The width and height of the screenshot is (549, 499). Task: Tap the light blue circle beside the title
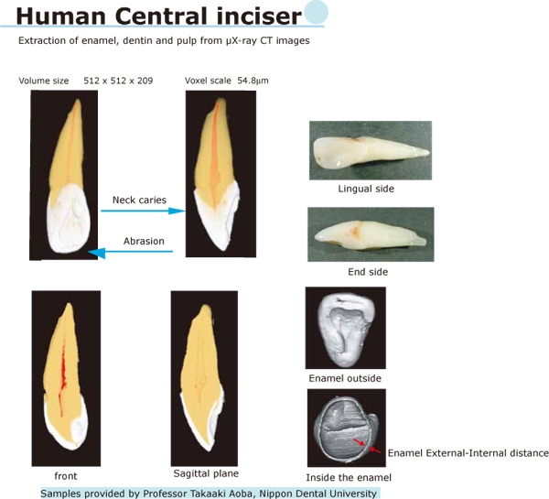click(316, 12)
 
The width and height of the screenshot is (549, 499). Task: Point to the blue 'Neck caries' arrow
click(143, 211)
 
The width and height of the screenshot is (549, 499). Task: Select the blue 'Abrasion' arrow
click(130, 252)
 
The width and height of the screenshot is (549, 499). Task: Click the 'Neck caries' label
click(139, 201)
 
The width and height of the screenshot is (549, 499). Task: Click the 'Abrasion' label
click(144, 241)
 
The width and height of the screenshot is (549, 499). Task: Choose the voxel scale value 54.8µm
click(253, 81)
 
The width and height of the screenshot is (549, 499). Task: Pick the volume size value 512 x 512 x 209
click(118, 81)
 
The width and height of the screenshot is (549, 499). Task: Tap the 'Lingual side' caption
click(366, 189)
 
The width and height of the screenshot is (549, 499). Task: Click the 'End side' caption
click(368, 272)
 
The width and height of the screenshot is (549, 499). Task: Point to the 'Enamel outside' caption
click(345, 378)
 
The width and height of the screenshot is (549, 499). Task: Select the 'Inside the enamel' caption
click(349, 478)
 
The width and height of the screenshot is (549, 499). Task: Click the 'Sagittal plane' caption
click(206, 473)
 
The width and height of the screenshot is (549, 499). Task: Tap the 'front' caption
click(66, 476)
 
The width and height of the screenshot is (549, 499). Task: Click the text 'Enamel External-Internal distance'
click(468, 453)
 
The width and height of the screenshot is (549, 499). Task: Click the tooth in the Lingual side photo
click(371, 151)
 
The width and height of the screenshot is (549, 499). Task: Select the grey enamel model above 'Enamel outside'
click(346, 329)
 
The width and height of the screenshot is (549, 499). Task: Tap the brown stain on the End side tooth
click(354, 229)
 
